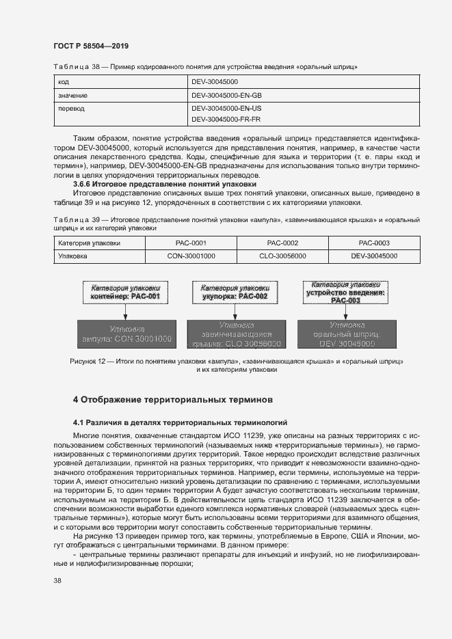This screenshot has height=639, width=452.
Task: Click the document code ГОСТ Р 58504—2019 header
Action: point(90,46)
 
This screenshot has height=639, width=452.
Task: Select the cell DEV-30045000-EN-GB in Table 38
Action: point(226,95)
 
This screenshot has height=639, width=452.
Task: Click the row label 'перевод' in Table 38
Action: point(72,108)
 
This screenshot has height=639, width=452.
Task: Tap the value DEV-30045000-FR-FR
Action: point(226,119)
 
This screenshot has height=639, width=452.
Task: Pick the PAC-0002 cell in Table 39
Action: point(282,243)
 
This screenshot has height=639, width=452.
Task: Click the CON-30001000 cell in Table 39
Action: point(191,256)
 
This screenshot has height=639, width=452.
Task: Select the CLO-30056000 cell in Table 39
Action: point(282,256)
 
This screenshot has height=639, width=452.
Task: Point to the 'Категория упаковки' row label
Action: point(89,243)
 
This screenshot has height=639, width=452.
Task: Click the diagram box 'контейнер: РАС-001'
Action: point(124,293)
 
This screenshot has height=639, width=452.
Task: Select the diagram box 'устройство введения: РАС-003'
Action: point(345,292)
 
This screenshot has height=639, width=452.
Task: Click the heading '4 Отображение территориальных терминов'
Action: point(172,398)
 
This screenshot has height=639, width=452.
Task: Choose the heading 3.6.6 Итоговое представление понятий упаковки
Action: point(164,184)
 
